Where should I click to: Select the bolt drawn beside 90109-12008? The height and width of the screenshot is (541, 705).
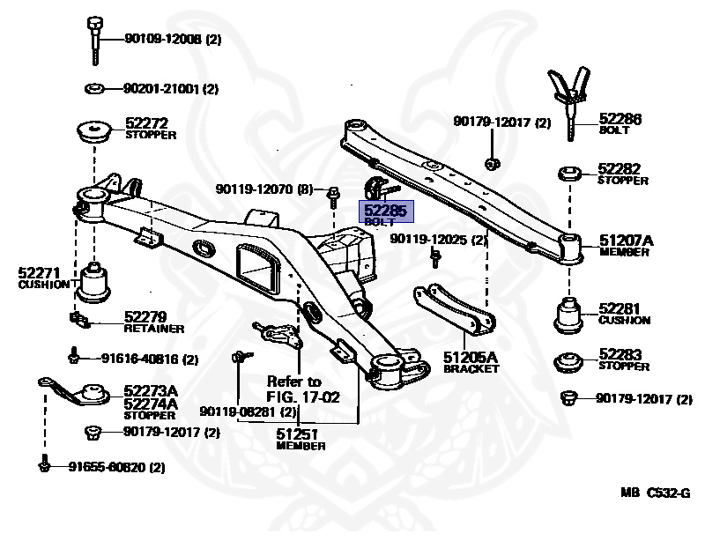pyautogui.click(x=94, y=40)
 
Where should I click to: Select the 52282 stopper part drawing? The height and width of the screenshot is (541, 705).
pyautogui.click(x=568, y=174)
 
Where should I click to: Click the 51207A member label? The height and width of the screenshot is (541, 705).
pyautogui.click(x=627, y=244)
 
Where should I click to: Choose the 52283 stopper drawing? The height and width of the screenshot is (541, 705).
pyautogui.click(x=568, y=363)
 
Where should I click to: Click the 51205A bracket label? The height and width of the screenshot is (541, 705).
pyautogui.click(x=471, y=361)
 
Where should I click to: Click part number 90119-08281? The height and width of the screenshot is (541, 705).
pyautogui.click(x=249, y=411)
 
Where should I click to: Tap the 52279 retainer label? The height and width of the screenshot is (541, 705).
pyautogui.click(x=153, y=322)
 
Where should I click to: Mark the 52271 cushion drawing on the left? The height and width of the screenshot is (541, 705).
pyautogui.click(x=94, y=280)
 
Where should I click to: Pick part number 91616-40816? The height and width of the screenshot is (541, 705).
pyautogui.click(x=149, y=359)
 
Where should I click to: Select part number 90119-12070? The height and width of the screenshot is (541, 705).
pyautogui.click(x=263, y=189)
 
